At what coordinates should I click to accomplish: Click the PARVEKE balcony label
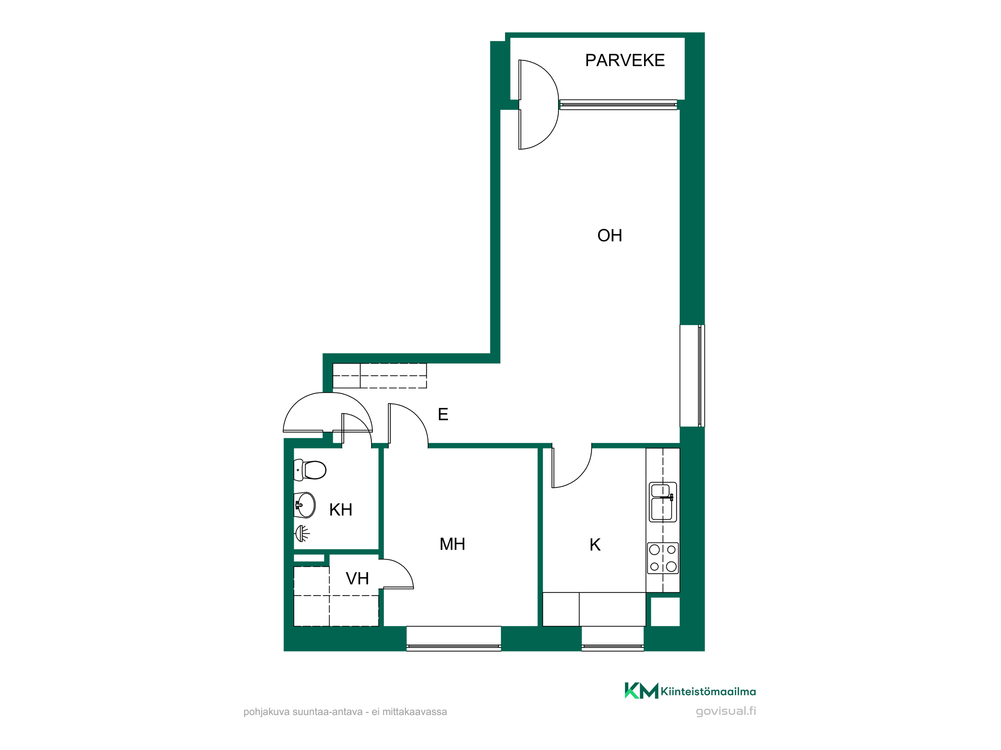625,60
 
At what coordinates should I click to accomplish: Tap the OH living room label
610,235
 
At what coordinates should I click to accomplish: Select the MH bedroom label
452,544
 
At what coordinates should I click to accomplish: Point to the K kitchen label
595,544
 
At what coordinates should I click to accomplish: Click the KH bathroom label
341,509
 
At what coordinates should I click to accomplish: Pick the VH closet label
357,578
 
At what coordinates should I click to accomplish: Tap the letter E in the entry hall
443,414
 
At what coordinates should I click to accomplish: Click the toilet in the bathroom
310,470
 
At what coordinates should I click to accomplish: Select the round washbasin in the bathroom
305,505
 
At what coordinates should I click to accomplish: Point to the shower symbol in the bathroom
302,533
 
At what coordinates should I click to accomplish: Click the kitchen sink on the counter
663,502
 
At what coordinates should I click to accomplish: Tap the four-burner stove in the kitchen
663,558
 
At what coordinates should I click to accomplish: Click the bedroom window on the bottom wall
453,638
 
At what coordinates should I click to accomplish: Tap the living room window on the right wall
692,375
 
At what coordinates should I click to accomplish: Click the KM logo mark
641,690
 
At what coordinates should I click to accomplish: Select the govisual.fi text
726,711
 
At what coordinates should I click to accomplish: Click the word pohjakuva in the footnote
266,711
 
